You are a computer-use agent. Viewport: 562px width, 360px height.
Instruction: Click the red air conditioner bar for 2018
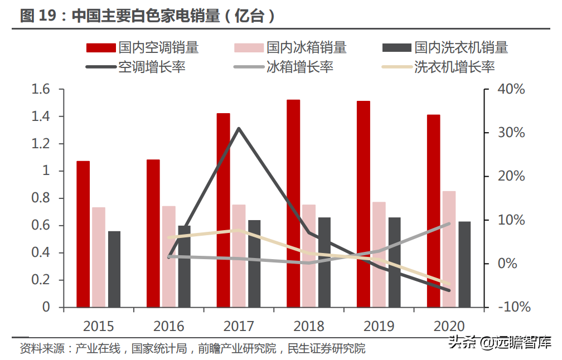click(x=293, y=203)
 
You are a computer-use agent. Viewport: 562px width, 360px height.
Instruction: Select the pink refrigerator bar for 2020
click(x=449, y=249)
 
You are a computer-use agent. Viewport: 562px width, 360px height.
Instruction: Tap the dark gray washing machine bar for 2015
click(x=114, y=269)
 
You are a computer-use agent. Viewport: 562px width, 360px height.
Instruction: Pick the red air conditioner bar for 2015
click(x=83, y=234)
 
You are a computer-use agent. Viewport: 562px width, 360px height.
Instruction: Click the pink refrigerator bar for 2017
click(x=239, y=256)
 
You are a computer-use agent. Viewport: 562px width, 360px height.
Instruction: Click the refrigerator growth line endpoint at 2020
click(x=449, y=223)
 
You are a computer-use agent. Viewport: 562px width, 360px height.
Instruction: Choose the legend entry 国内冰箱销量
click(x=290, y=47)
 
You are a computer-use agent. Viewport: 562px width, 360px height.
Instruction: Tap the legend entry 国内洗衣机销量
click(x=445, y=47)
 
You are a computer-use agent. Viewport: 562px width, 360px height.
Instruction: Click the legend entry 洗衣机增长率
click(x=438, y=67)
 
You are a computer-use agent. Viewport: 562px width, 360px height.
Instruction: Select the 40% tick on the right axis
click(x=511, y=89)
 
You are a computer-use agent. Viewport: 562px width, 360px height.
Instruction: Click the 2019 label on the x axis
click(x=379, y=326)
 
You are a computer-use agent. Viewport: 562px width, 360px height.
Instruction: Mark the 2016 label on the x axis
click(x=169, y=326)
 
